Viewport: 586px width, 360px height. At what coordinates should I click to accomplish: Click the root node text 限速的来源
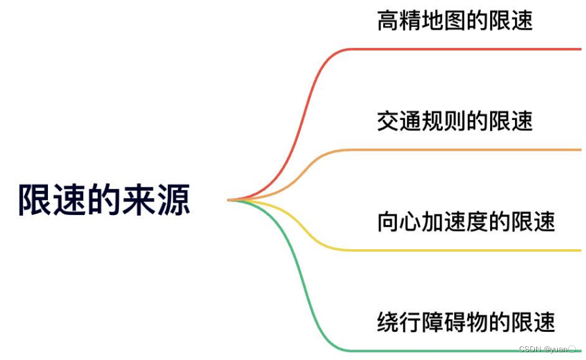click(x=104, y=200)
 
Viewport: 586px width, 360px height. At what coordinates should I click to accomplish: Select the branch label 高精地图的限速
click(x=455, y=21)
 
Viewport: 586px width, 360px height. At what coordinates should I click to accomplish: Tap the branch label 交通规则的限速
click(x=455, y=121)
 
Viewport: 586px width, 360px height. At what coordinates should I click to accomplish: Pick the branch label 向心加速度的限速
click(x=466, y=222)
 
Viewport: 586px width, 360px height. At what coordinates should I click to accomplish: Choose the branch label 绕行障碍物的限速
click(x=466, y=322)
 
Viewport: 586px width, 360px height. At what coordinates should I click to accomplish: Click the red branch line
click(x=459, y=49)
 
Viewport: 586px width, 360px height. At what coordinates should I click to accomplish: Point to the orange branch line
click(x=459, y=150)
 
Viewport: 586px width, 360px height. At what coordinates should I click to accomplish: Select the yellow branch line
click(x=459, y=250)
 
